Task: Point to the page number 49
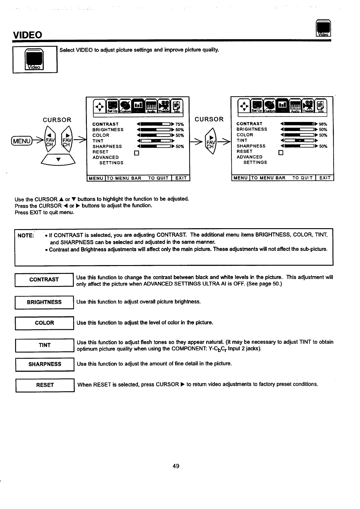point(176,466)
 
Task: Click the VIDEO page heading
point(27,35)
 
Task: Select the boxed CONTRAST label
point(44,280)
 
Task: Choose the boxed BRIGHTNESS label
point(44,302)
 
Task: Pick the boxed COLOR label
point(44,323)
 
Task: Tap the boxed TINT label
point(44,345)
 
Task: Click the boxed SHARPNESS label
point(45,364)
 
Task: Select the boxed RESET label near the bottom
point(45,385)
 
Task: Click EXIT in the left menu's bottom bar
point(181,178)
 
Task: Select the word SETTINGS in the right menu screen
point(255,163)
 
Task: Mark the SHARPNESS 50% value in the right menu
point(323,146)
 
